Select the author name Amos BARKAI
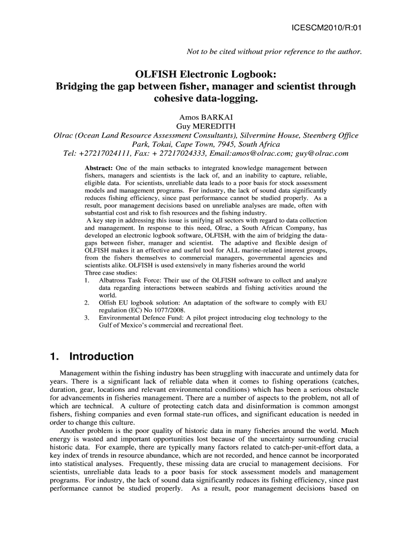point(206,117)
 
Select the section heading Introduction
point(102,356)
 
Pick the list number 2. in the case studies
point(87,303)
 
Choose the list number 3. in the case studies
point(87,318)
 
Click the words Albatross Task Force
point(129,280)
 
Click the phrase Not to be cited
point(212,52)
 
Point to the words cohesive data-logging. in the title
point(206,99)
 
